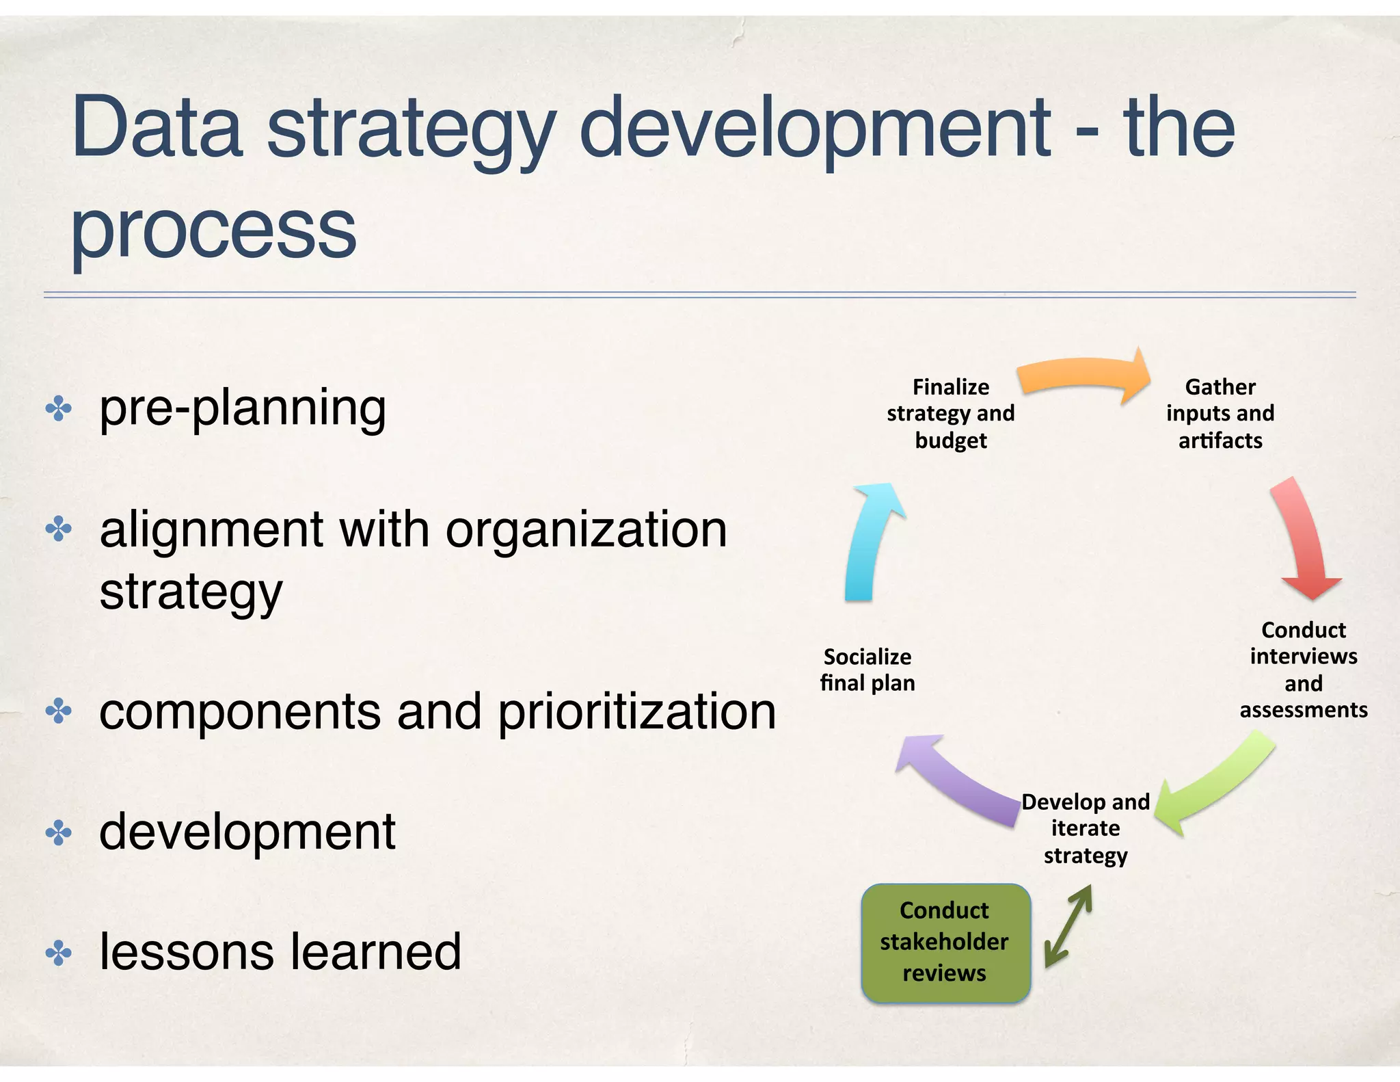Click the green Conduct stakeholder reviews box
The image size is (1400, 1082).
click(x=945, y=942)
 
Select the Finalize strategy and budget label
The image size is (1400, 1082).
click(x=951, y=413)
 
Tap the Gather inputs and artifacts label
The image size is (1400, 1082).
click(x=1220, y=413)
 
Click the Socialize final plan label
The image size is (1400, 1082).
click(x=867, y=670)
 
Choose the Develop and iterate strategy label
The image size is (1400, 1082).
click(x=1086, y=828)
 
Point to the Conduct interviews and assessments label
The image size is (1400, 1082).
click(x=1303, y=670)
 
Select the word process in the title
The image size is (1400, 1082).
click(x=214, y=229)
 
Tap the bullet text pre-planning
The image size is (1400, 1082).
click(x=243, y=408)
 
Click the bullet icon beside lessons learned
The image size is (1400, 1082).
click(x=59, y=953)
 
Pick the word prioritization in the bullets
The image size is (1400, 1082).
click(x=636, y=711)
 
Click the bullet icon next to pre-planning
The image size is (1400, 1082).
click(x=59, y=409)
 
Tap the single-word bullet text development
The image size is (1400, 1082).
click(x=247, y=832)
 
